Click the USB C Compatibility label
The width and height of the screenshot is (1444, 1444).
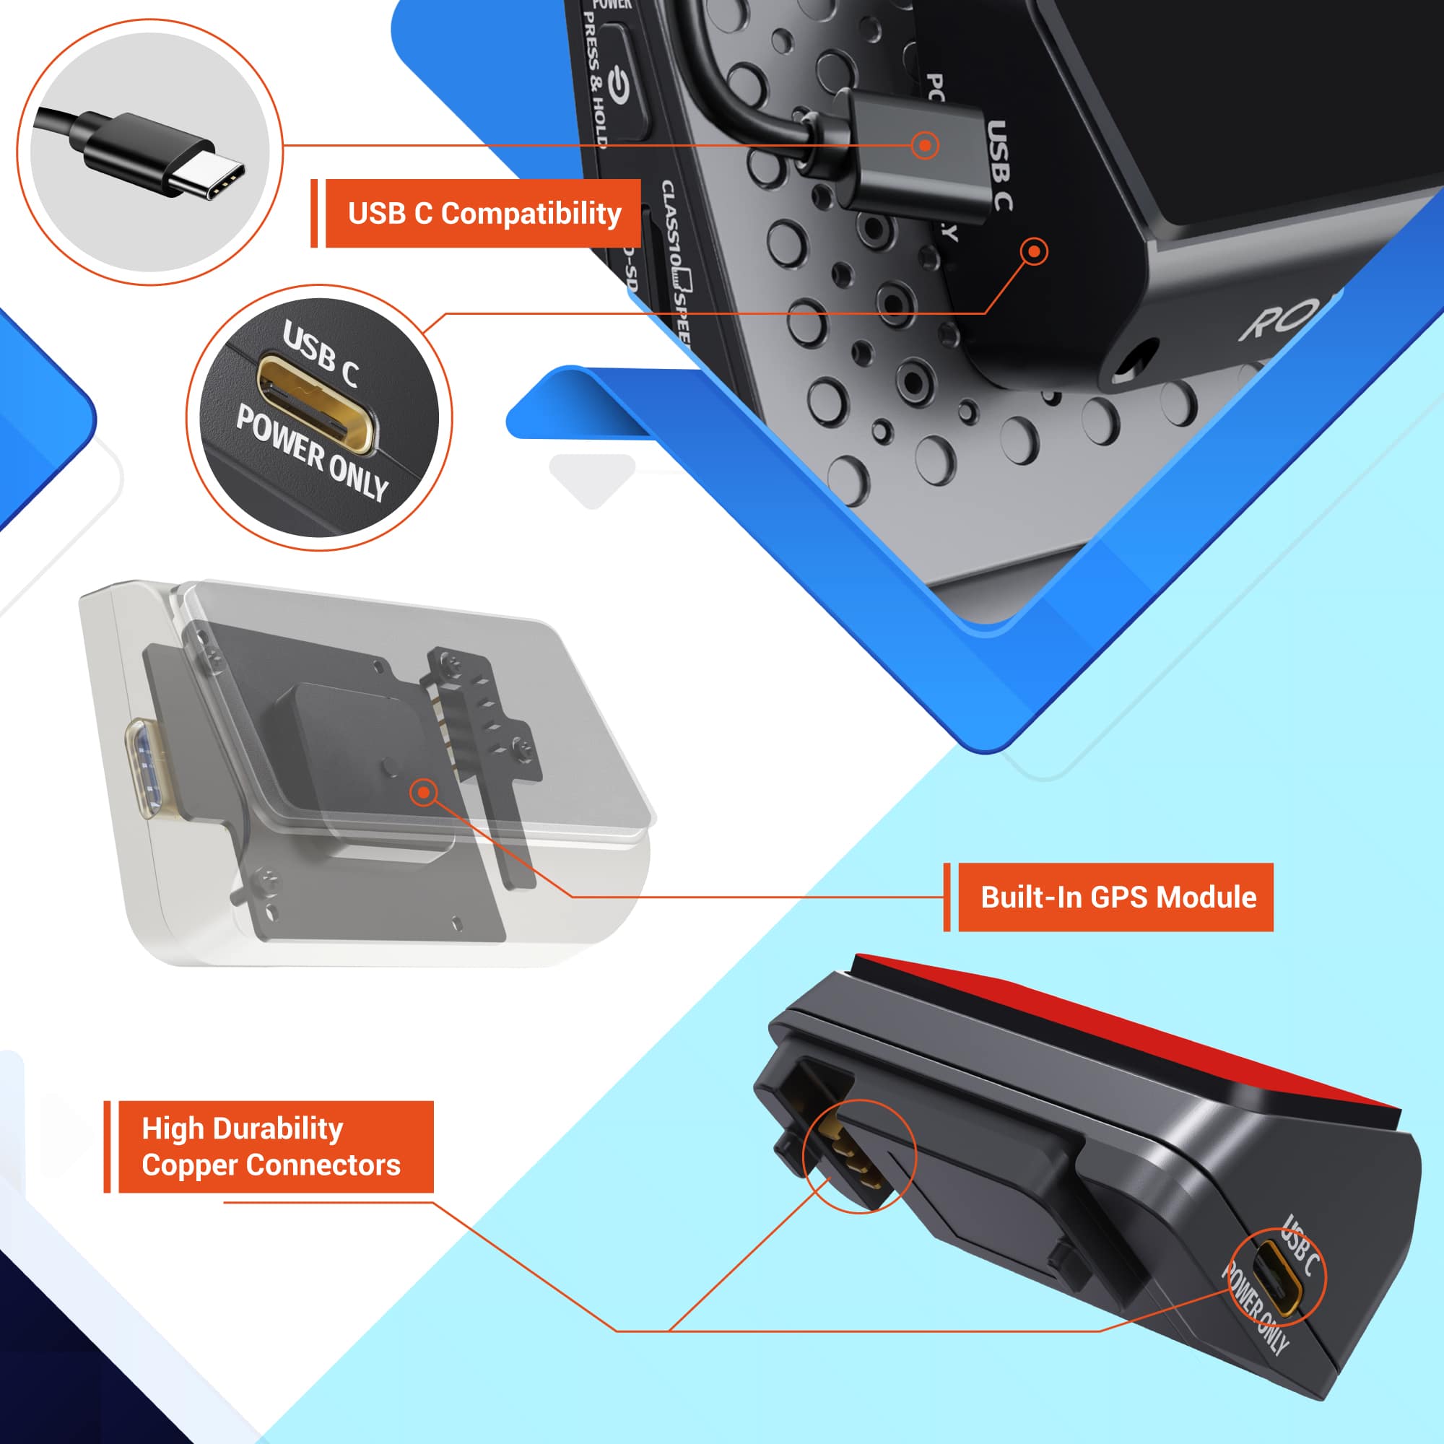click(x=484, y=213)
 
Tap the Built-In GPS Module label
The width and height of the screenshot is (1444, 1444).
click(x=1118, y=897)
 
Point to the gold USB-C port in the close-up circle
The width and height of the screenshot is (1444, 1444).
click(x=316, y=404)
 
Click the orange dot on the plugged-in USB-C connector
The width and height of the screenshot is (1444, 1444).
click(x=925, y=145)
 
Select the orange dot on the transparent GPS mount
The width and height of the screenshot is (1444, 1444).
click(x=424, y=792)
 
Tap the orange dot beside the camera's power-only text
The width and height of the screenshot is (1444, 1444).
click(x=1034, y=251)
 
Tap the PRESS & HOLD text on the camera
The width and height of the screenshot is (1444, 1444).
click(x=593, y=82)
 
